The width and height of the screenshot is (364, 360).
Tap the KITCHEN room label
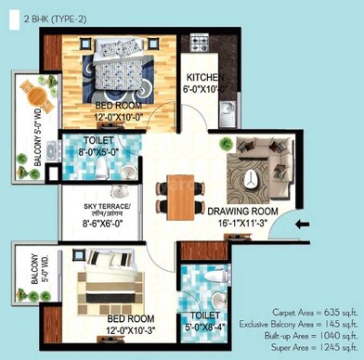pyautogui.click(x=206, y=77)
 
